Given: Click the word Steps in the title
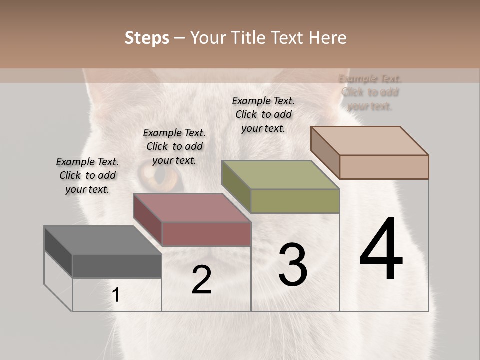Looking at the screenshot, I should coord(147,38).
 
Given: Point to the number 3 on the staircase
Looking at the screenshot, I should coord(293,265).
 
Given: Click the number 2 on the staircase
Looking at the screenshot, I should coord(201,280).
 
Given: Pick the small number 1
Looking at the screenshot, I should coord(116,295).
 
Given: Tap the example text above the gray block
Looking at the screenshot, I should coord(87,175).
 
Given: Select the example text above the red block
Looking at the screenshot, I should coord(174,146).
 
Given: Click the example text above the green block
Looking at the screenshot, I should coord(263,114).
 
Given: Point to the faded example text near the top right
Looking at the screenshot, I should coord(370,92).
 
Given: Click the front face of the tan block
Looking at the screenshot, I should coord(384,167).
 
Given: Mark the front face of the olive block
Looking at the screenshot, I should coord(295,201).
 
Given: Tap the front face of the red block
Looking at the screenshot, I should coord(206,234).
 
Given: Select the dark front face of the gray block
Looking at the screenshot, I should coord(117,266).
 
